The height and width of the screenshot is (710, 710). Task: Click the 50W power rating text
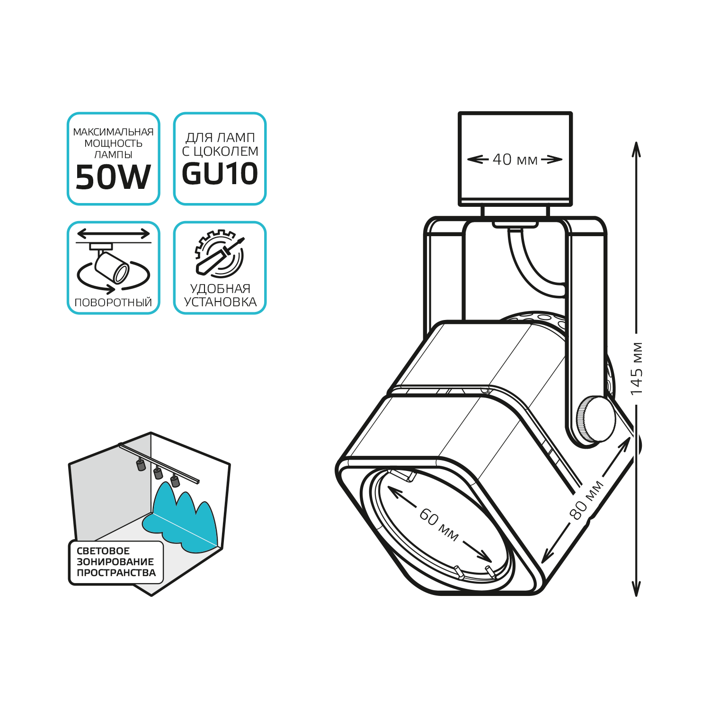point(113,177)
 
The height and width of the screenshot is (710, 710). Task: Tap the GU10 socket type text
point(220,174)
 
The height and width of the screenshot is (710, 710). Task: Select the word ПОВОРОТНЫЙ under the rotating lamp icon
point(114,302)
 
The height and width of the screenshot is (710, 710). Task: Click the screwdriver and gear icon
point(220,254)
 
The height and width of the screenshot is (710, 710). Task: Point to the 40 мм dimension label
point(515,160)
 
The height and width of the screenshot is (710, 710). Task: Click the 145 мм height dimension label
point(637,369)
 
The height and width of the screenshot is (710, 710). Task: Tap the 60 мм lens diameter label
point(439,524)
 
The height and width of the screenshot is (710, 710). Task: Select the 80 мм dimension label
point(586,500)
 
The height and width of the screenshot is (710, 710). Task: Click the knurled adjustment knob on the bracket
point(595,419)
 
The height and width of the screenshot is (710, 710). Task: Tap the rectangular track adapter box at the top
point(515,159)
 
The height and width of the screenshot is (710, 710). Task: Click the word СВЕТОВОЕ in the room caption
point(103,551)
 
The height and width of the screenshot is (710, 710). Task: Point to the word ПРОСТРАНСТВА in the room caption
point(116,573)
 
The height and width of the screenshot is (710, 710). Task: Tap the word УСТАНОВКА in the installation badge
point(220,302)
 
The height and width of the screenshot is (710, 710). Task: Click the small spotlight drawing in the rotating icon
point(112,265)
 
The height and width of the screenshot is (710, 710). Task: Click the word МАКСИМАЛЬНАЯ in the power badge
point(113,132)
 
